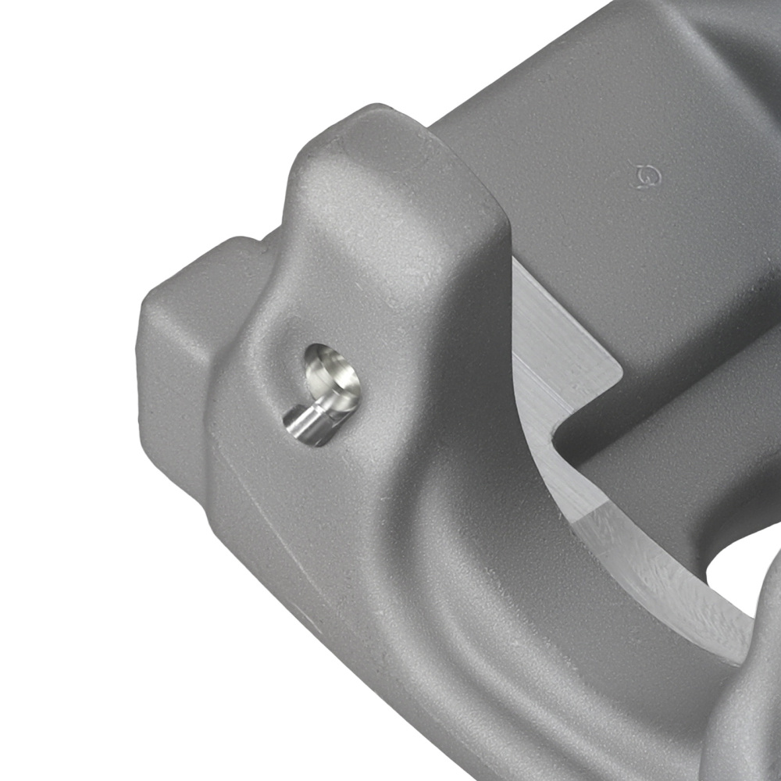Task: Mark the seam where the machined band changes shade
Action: [x=582, y=519]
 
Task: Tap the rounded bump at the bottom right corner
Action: [x=750, y=726]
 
